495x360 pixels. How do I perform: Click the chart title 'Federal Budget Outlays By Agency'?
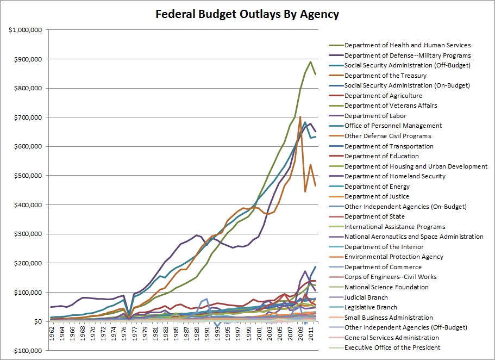point(247,15)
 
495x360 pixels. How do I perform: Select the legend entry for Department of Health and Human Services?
point(408,45)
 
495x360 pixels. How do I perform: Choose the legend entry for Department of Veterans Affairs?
point(391,105)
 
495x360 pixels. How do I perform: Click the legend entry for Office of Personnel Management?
point(393,126)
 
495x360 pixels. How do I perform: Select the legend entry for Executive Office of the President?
point(392,347)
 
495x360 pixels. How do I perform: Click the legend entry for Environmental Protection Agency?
point(394,257)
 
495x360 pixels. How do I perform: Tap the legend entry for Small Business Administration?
point(388,318)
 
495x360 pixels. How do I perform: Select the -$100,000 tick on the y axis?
point(24,351)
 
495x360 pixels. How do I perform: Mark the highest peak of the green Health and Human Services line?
point(310,61)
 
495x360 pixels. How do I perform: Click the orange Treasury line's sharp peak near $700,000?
point(300,117)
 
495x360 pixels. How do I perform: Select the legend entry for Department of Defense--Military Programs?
point(408,55)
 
